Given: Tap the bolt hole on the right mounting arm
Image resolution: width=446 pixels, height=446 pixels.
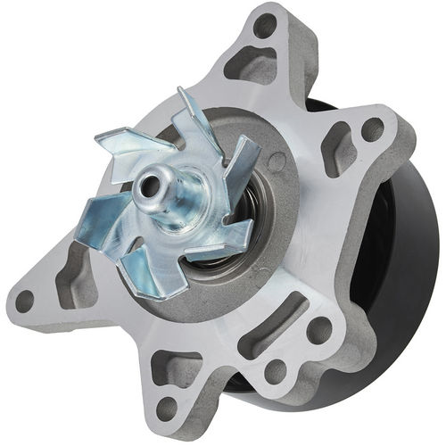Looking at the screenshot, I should (373, 129).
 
